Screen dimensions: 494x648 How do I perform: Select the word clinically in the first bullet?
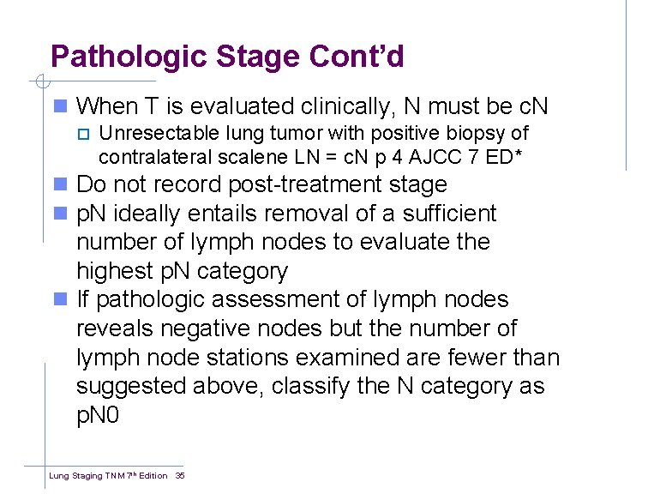344,106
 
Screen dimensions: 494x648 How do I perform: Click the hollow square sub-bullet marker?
83,134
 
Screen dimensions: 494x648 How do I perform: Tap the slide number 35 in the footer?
180,475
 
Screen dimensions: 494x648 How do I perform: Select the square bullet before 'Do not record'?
59,185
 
